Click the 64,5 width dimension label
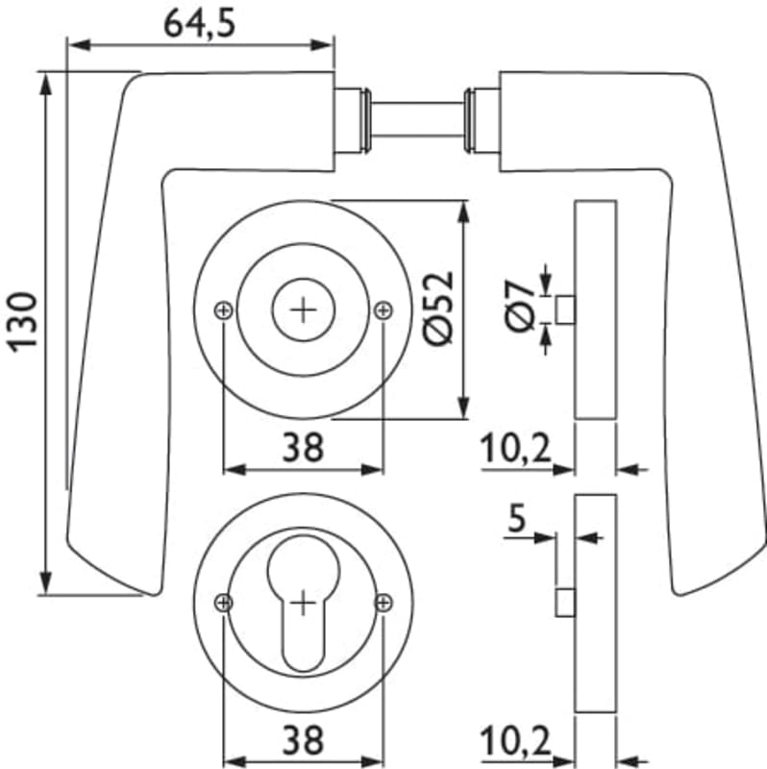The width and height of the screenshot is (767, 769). pyautogui.click(x=200, y=23)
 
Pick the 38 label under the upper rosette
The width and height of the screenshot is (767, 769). pyautogui.click(x=304, y=446)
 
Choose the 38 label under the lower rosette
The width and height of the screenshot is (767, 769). pyautogui.click(x=304, y=739)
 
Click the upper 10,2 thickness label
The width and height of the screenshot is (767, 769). pyautogui.click(x=515, y=447)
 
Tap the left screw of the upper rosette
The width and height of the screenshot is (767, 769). pyautogui.click(x=223, y=310)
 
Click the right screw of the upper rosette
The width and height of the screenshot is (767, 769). pyautogui.click(x=383, y=310)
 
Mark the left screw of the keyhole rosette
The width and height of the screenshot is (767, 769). pyautogui.click(x=224, y=603)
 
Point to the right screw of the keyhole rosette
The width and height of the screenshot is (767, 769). pyautogui.click(x=383, y=603)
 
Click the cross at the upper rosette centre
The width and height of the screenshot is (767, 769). pyautogui.click(x=304, y=310)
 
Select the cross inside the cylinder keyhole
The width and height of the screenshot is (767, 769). pyautogui.click(x=304, y=604)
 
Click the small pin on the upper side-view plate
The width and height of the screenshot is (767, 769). pyautogui.click(x=565, y=310)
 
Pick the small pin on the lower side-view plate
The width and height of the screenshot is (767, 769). pyautogui.click(x=565, y=603)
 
